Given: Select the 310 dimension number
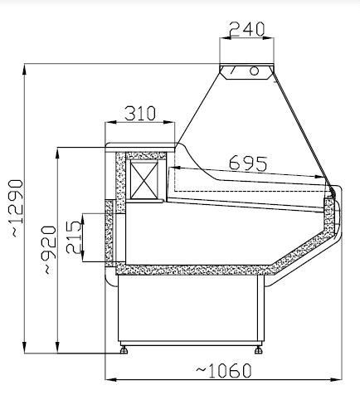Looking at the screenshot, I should [140, 114].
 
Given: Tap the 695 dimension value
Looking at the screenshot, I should [247, 163].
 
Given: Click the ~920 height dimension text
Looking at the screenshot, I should [49, 249].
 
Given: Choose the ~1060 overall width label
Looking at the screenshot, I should [224, 369].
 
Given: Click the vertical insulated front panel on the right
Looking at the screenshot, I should [332, 213].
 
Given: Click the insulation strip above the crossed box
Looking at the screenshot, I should [146, 154].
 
